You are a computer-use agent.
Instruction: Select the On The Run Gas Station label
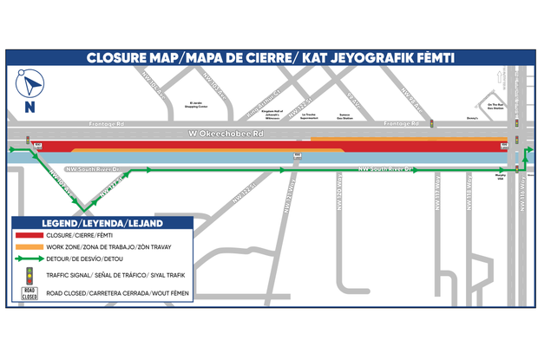495,106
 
